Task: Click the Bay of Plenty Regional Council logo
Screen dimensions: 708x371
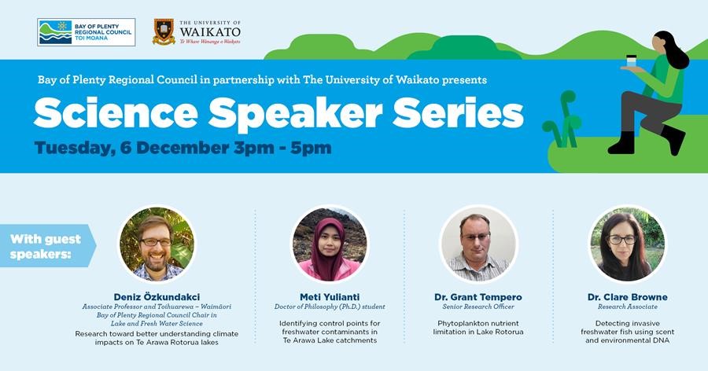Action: click(87, 32)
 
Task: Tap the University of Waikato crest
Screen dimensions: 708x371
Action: click(164, 31)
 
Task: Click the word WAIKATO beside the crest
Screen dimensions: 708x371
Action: click(210, 32)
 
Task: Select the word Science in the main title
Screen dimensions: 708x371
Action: click(116, 113)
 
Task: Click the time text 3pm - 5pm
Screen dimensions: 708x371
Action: click(282, 148)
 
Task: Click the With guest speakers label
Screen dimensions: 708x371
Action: click(46, 247)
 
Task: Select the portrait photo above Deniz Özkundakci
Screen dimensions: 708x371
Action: click(157, 244)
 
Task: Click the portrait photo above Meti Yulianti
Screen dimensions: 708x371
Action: click(330, 244)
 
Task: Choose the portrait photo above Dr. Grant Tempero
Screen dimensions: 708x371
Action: click(478, 244)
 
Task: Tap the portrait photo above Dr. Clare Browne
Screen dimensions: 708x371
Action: click(628, 244)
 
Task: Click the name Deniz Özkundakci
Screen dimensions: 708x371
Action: click(157, 297)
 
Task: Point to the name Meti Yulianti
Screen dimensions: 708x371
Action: click(330, 297)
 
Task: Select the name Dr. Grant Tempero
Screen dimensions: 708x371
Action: click(478, 297)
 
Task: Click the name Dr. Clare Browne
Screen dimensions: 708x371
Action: click(628, 297)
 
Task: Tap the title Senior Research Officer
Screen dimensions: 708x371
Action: click(478, 307)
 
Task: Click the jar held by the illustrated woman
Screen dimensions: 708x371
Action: click(632, 61)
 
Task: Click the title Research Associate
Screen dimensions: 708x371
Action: click(628, 307)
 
